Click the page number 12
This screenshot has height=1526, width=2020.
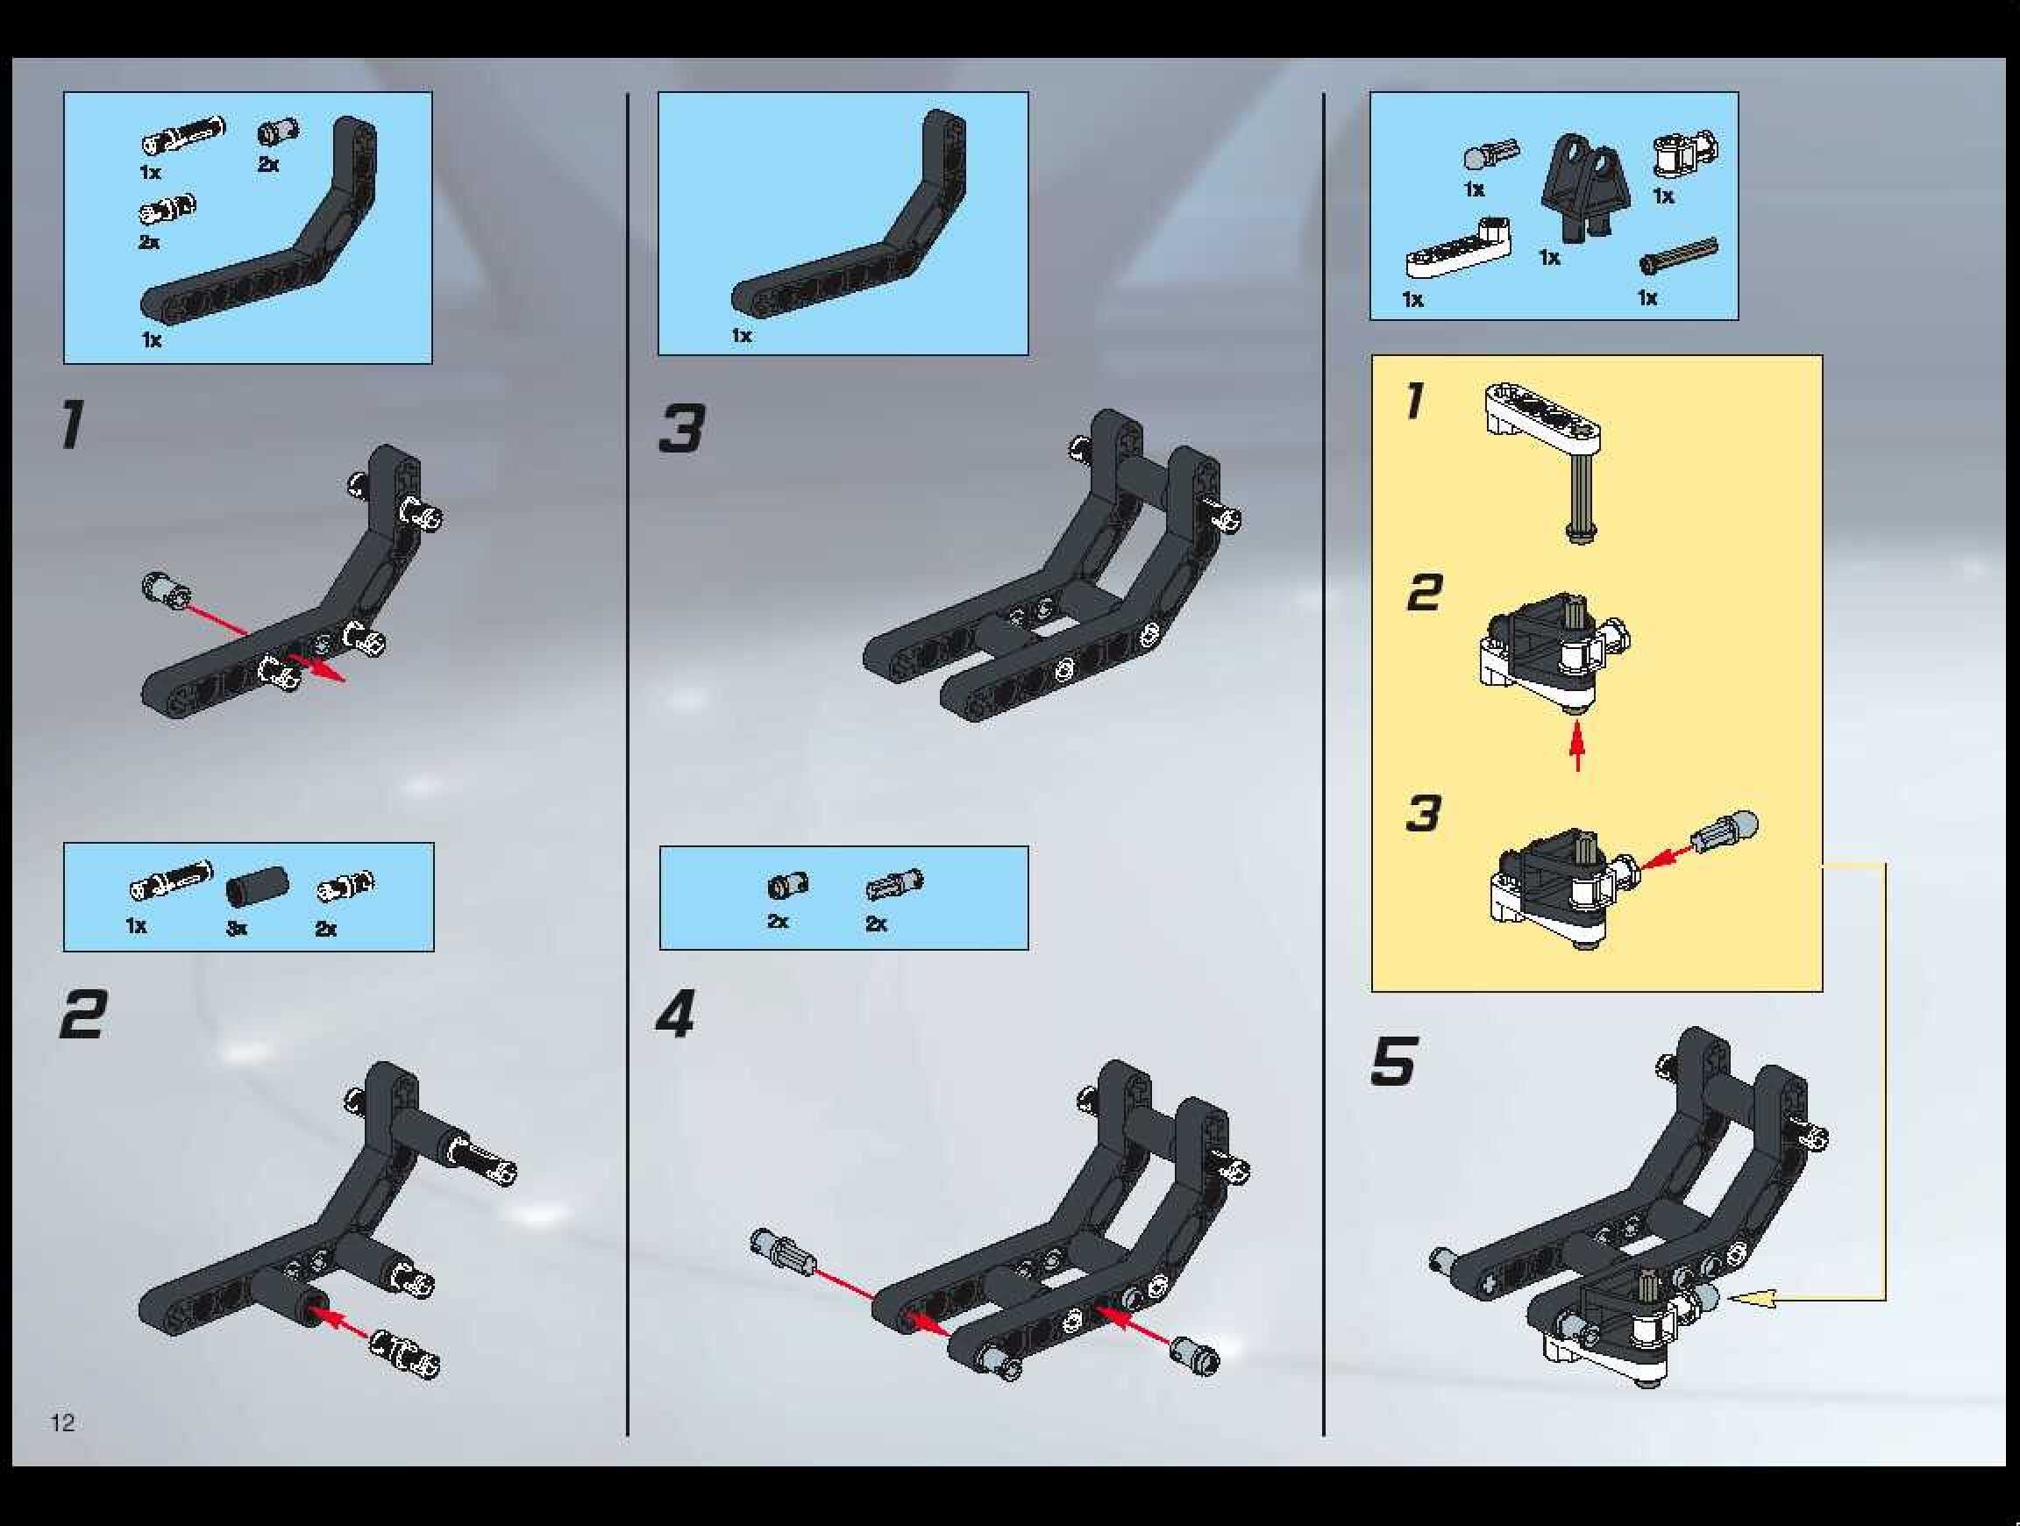(63, 1422)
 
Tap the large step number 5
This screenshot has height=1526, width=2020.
(1392, 1061)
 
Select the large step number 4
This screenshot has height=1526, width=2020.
(677, 1014)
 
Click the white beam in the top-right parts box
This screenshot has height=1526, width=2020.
(1457, 248)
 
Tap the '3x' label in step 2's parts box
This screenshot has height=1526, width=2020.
(237, 929)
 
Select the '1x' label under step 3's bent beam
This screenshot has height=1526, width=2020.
(742, 336)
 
